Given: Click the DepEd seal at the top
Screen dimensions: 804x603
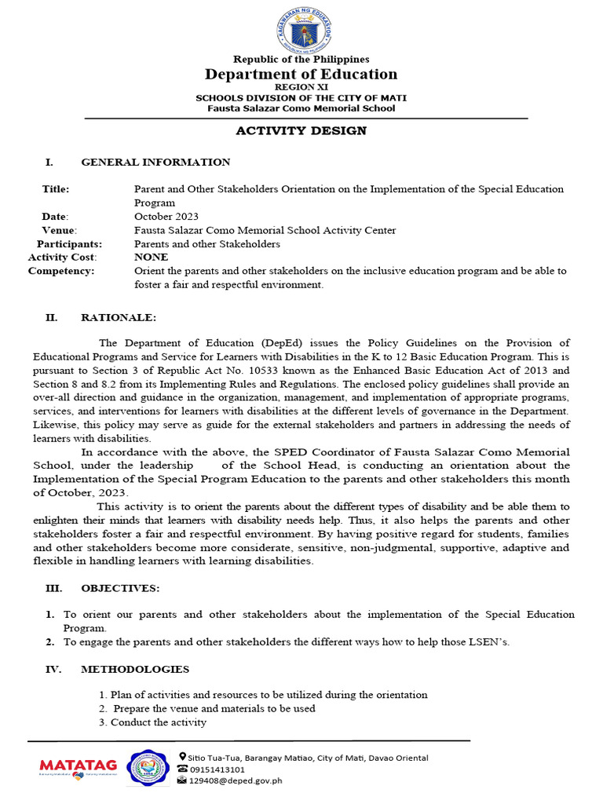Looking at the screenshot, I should click(301, 29).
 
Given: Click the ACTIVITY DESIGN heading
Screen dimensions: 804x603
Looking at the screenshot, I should click(301, 130).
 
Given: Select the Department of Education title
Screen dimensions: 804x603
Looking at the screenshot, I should click(301, 75).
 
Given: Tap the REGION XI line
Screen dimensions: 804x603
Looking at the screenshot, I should click(301, 87).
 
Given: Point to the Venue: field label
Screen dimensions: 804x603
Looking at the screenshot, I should click(59, 230).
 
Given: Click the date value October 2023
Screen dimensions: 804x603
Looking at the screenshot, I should click(166, 216).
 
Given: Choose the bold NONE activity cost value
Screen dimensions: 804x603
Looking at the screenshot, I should click(151, 257).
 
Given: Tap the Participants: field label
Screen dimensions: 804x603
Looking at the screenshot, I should click(70, 243).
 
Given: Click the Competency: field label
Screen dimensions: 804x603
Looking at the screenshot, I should click(61, 271).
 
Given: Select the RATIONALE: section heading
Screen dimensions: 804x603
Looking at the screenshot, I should click(119, 317).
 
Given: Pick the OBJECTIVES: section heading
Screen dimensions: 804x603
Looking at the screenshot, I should click(120, 588).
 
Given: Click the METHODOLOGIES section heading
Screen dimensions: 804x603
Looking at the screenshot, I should click(135, 669).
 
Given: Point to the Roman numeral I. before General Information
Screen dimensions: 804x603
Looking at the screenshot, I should click(49, 163).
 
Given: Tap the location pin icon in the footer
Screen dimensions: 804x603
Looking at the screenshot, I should click(183, 757).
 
